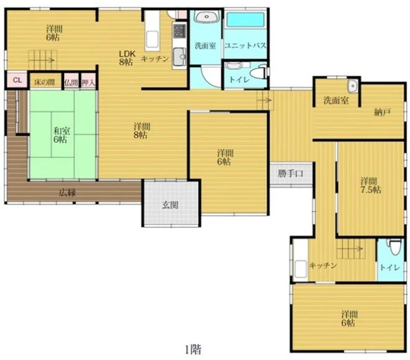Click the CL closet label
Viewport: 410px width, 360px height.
tap(17, 80)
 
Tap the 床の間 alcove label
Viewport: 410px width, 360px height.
tap(44, 83)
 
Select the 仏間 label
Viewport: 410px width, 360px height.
tap(72, 83)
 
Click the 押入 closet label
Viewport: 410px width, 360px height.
tap(88, 83)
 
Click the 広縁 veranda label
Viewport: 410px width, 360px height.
tap(67, 193)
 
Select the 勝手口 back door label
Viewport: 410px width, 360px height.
tap(291, 173)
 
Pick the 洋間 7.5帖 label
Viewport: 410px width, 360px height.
tap(371, 185)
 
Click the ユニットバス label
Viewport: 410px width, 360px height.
tap(245, 46)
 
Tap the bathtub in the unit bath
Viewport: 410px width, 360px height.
tap(245, 20)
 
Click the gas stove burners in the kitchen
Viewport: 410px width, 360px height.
tap(179, 30)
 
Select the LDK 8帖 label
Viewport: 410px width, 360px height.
tap(127, 58)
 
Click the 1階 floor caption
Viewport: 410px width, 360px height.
tap(193, 349)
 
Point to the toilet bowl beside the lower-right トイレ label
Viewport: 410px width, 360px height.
tap(394, 247)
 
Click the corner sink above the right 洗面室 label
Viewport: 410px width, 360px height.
tap(352, 86)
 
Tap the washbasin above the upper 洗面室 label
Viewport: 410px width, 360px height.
tap(207, 17)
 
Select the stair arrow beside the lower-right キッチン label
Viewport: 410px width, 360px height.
tap(350, 248)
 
